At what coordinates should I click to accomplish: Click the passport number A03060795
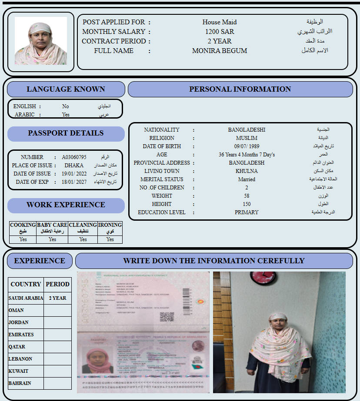(74, 157)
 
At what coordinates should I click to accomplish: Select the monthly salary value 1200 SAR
(220, 32)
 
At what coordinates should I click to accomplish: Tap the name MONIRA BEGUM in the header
(220, 51)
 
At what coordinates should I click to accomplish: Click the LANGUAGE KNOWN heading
(66, 89)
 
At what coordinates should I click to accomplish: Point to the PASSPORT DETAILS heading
(66, 133)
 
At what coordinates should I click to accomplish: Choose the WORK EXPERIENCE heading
(66, 205)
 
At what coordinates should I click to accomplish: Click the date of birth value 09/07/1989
(247, 146)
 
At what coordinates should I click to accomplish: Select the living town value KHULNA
(247, 171)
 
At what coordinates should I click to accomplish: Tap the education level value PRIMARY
(247, 212)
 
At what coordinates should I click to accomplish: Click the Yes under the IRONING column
(110, 239)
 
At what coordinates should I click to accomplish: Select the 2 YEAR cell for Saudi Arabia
(57, 298)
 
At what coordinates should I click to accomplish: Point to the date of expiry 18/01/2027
(74, 182)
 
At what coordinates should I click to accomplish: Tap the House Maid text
(220, 22)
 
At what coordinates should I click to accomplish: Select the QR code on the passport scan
(167, 317)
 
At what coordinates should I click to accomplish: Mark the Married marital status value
(247, 179)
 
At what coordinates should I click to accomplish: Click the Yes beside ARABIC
(66, 115)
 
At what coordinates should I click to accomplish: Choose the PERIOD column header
(57, 284)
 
